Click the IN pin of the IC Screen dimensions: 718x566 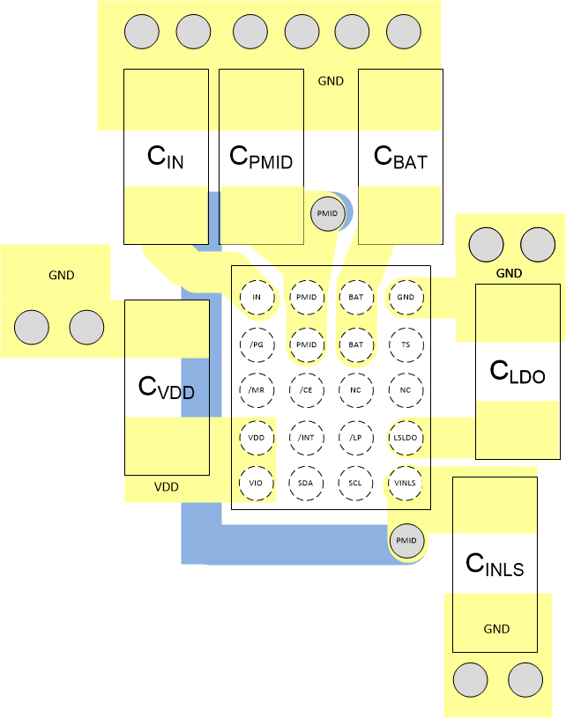point(257,297)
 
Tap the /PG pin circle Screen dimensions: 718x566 point(257,344)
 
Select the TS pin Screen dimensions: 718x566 point(406,344)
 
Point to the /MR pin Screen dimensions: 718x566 point(257,389)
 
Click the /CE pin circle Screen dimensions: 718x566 point(306,389)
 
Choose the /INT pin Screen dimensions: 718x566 point(306,437)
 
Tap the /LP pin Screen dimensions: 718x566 point(355,437)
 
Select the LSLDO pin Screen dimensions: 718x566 point(406,437)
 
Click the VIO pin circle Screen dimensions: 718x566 point(257,483)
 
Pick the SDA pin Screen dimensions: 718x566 point(306,483)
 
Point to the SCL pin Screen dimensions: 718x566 point(355,483)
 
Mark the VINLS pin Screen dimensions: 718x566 point(406,483)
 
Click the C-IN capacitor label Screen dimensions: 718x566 point(166,158)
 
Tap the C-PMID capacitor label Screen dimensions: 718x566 point(260,158)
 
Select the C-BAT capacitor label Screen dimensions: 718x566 point(400,158)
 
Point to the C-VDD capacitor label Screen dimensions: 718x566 point(167,388)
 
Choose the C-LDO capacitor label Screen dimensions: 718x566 point(518,372)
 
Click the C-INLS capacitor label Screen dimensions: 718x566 point(495,564)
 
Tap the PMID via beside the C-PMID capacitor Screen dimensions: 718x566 point(327,214)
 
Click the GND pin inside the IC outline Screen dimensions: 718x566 point(406,297)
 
